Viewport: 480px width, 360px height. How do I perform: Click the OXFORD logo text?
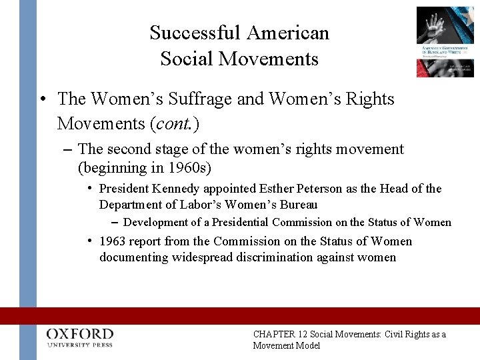pyautogui.click(x=80, y=333)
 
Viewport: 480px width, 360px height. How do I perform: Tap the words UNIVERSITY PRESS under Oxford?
pyautogui.click(x=80, y=345)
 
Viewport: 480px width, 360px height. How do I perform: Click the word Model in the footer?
pyautogui.click(x=306, y=345)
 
